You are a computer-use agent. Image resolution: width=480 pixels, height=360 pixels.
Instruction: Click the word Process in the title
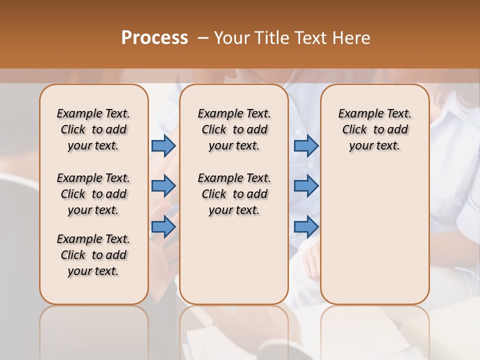154,38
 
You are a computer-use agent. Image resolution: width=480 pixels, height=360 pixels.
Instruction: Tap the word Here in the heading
351,38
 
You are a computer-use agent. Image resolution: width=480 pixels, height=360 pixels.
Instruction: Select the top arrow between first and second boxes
163,145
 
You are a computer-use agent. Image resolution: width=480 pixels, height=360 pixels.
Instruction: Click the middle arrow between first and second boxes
163,186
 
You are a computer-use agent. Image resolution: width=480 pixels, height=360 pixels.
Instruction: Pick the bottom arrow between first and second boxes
163,227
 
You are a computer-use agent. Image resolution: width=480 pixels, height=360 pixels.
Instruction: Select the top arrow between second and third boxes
306,145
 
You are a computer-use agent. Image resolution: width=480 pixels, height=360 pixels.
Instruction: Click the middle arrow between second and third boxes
306,186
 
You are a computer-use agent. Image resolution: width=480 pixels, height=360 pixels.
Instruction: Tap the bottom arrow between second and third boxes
306,227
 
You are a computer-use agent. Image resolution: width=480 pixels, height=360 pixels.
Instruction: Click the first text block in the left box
93,129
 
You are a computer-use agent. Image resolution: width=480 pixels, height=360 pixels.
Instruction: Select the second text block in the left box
93,194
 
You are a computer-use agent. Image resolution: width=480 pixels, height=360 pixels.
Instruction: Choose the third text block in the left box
93,255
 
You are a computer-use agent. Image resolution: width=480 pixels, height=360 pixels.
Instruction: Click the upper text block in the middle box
234,129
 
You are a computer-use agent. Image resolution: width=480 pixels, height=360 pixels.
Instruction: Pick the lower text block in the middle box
234,194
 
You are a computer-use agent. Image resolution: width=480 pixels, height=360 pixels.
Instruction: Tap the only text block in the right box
374,129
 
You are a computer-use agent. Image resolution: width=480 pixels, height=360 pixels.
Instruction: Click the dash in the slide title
203,38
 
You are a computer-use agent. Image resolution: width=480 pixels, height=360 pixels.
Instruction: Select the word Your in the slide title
230,38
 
